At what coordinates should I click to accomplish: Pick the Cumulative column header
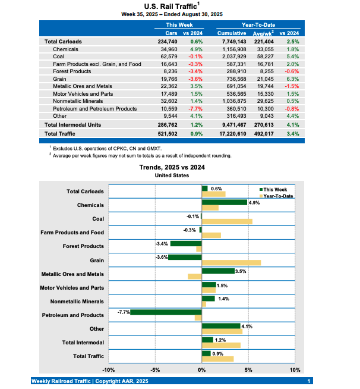(x=232, y=33)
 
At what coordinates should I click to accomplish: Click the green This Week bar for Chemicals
(x=224, y=202)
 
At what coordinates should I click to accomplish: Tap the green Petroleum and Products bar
(x=166, y=312)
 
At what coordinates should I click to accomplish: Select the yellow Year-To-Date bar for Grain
(x=231, y=262)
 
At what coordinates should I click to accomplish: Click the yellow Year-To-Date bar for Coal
(x=227, y=221)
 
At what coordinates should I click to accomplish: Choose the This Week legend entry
(x=277, y=190)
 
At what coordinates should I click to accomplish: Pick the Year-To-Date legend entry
(x=278, y=196)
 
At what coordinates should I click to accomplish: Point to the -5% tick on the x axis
(x=155, y=370)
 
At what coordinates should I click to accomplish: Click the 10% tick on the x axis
(x=295, y=370)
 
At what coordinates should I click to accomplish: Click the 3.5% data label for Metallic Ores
(x=241, y=271)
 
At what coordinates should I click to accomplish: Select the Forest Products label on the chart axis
(x=83, y=246)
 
